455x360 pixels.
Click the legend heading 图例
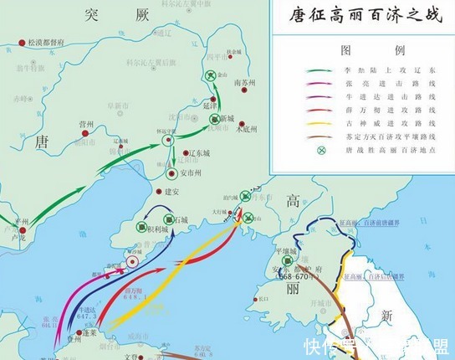click(x=359, y=50)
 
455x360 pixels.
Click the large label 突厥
click(x=104, y=13)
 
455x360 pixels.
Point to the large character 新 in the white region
click(x=387, y=315)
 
